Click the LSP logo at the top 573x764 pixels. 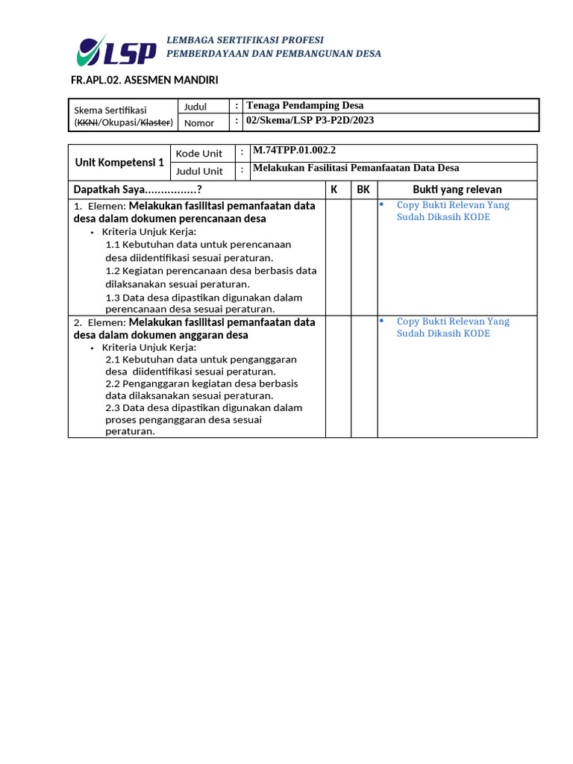click(116, 50)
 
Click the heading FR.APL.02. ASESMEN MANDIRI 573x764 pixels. click(144, 80)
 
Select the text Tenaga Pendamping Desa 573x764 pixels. click(304, 106)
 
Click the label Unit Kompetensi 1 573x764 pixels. click(119, 162)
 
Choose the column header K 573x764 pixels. click(334, 190)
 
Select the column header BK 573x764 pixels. click(363, 190)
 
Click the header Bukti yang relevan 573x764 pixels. click(457, 190)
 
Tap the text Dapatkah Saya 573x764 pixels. click(138, 190)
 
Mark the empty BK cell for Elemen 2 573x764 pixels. click(364, 375)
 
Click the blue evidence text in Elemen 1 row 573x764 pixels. click(452, 211)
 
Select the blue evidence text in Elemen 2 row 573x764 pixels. click(452, 328)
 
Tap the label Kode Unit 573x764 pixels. click(199, 154)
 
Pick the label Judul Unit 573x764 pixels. click(199, 172)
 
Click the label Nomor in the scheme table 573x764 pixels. click(199, 123)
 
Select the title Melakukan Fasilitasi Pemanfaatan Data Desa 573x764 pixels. click(356, 169)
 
